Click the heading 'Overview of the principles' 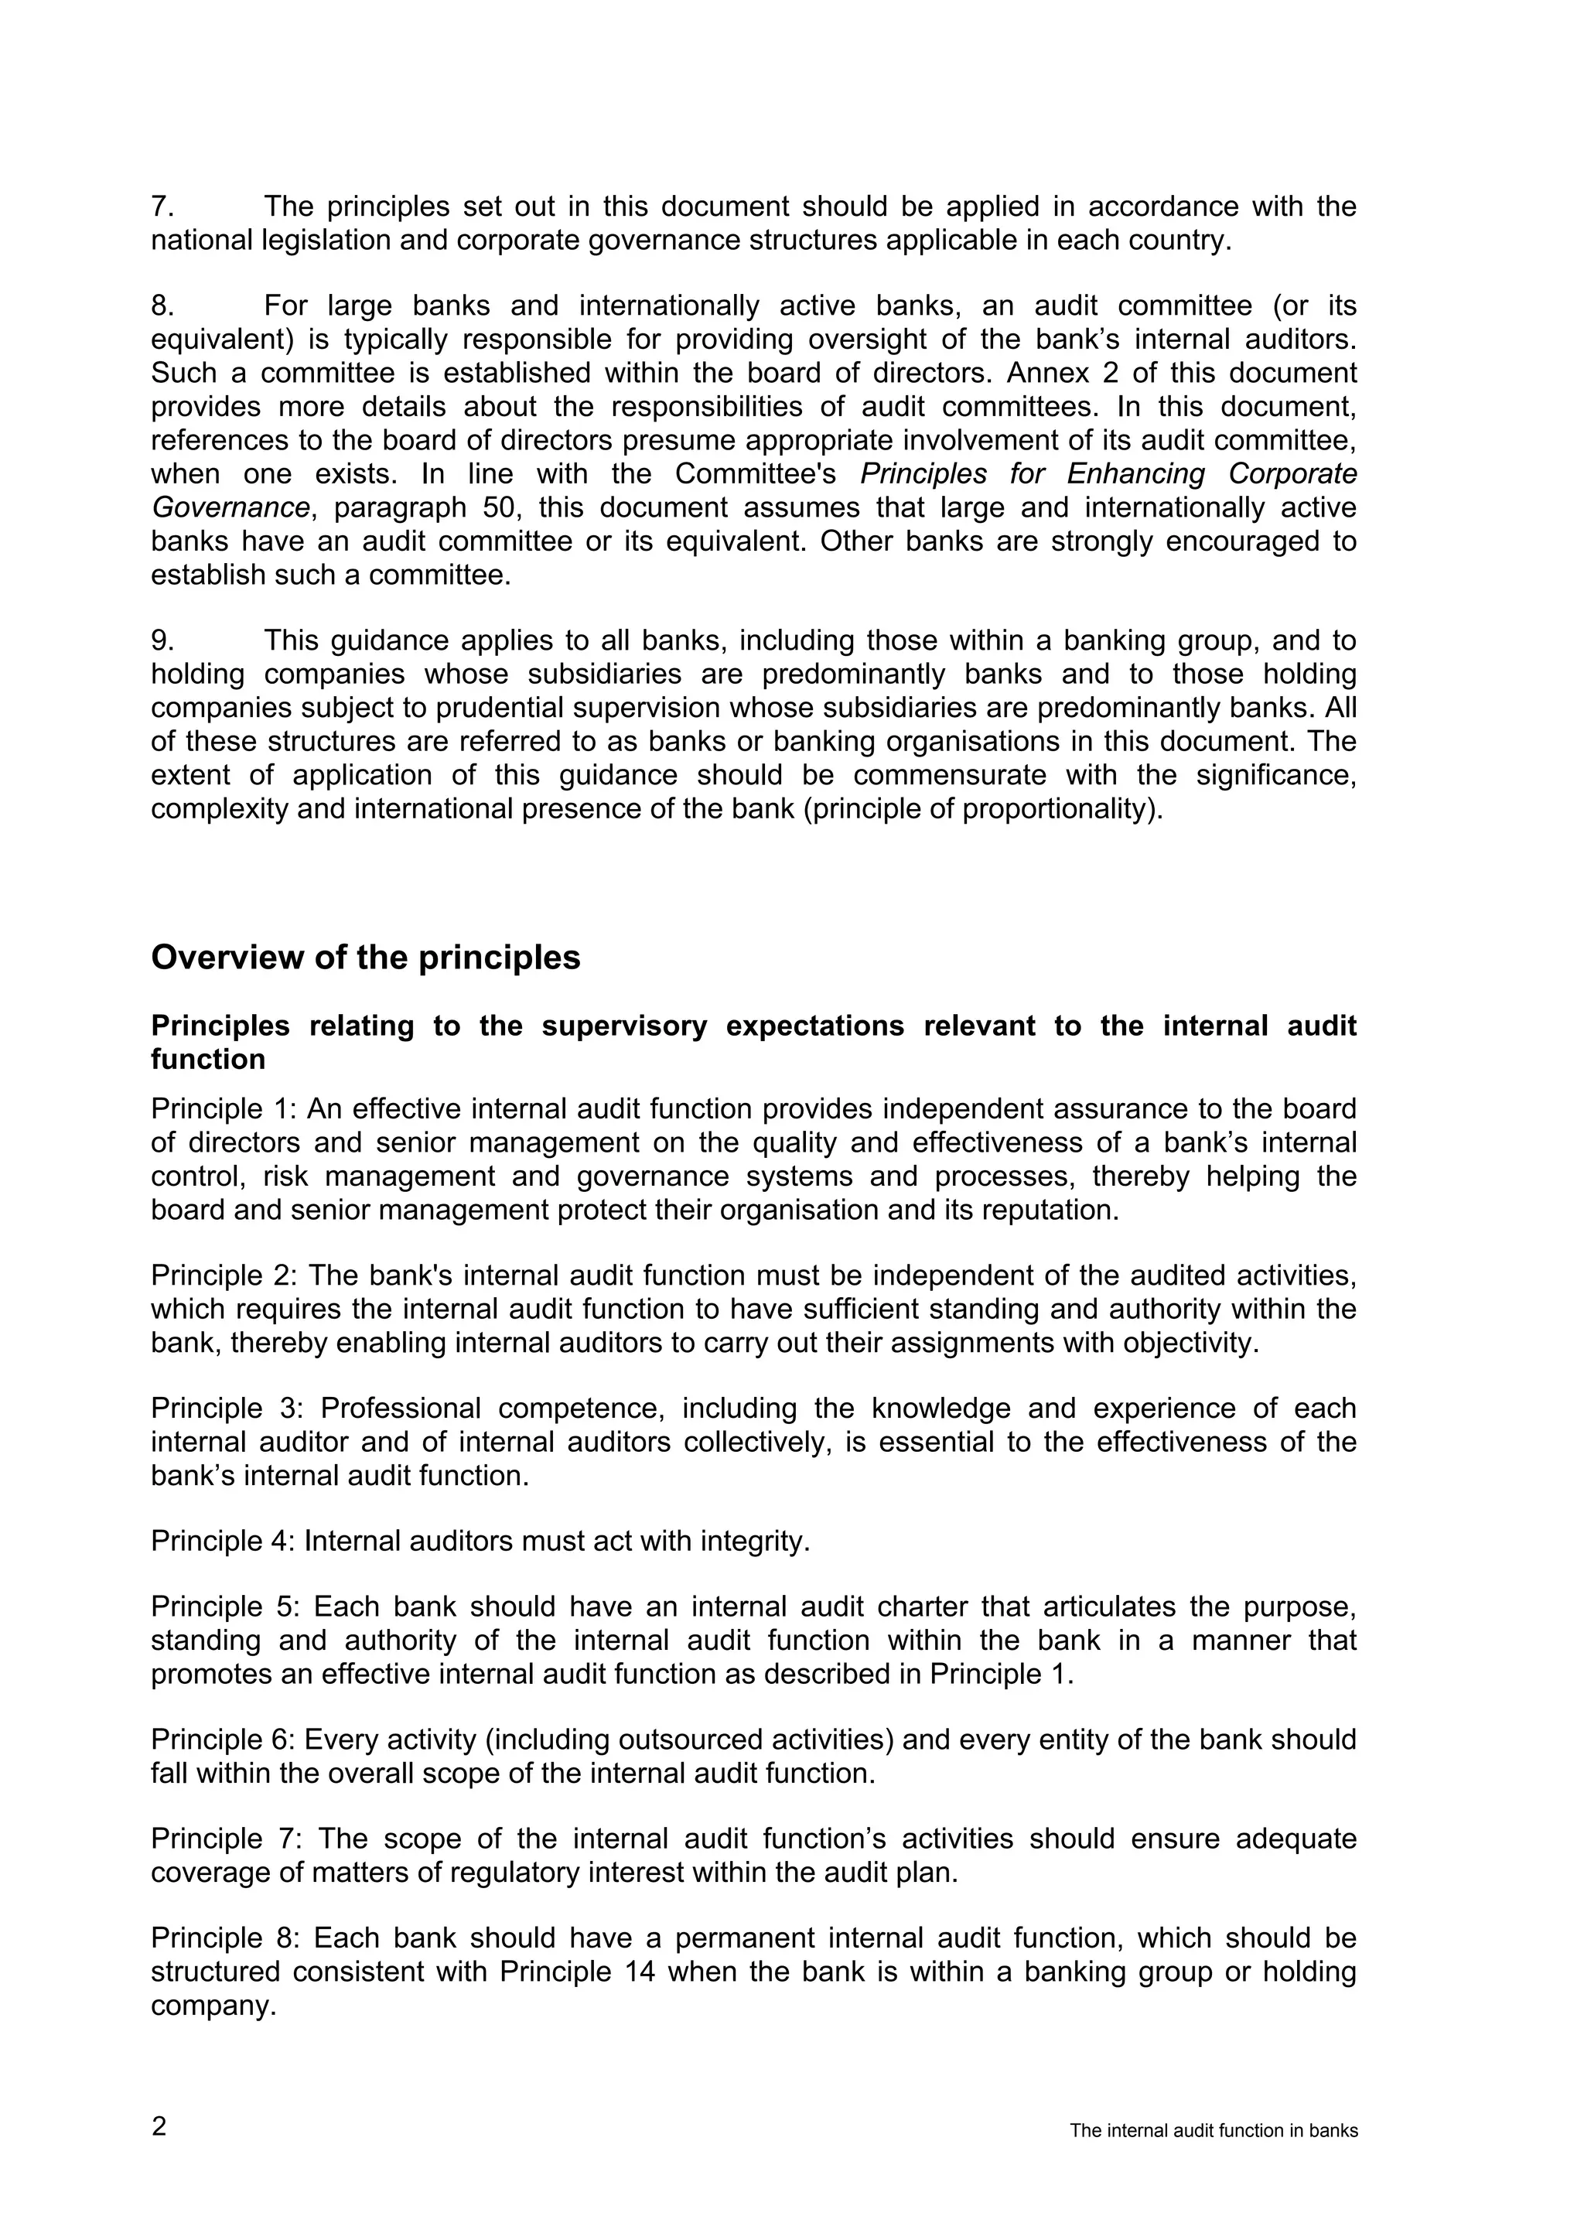coord(365,957)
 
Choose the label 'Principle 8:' coord(224,1938)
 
